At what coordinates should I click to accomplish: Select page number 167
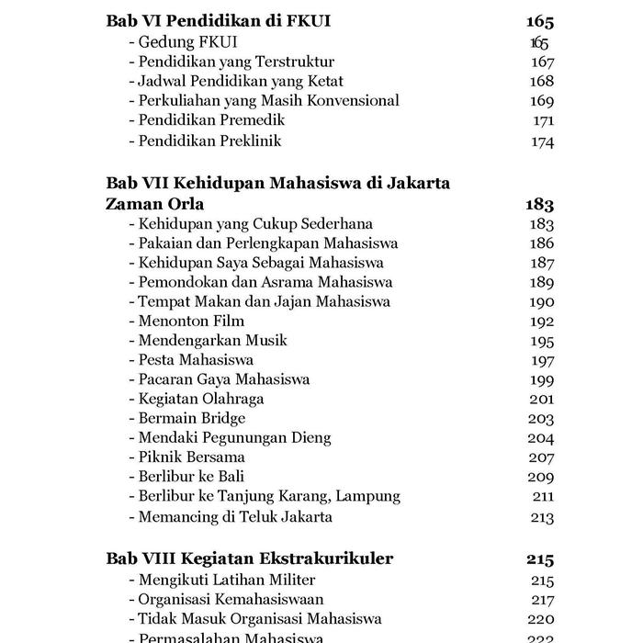[543, 62]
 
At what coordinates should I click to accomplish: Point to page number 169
[543, 101]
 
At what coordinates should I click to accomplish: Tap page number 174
[543, 141]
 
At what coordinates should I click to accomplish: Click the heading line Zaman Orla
[155, 203]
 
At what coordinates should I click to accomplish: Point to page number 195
[543, 341]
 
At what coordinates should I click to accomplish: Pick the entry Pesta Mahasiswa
[195, 360]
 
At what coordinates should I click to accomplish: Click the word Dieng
[311, 437]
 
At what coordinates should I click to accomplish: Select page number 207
[543, 457]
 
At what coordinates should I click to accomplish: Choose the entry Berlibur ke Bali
[190, 476]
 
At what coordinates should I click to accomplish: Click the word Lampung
[368, 496]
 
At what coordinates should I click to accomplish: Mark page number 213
[543, 516]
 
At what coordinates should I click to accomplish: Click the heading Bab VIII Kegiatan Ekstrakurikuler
[250, 558]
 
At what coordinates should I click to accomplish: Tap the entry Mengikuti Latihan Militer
[226, 580]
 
